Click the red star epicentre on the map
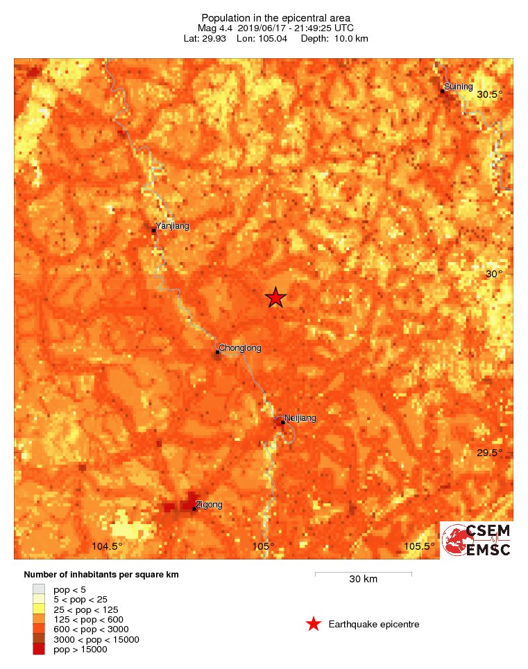(x=275, y=297)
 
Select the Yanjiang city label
(x=172, y=225)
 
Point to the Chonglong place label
(x=240, y=348)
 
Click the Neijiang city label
(x=300, y=418)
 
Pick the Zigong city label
(x=209, y=504)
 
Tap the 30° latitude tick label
(x=493, y=274)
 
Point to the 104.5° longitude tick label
(x=107, y=546)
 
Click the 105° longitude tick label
(x=264, y=546)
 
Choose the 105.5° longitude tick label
(x=419, y=546)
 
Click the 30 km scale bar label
(x=363, y=580)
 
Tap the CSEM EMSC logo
(x=477, y=539)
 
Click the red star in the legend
(x=314, y=625)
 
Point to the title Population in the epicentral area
(x=275, y=17)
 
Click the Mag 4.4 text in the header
(x=216, y=28)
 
